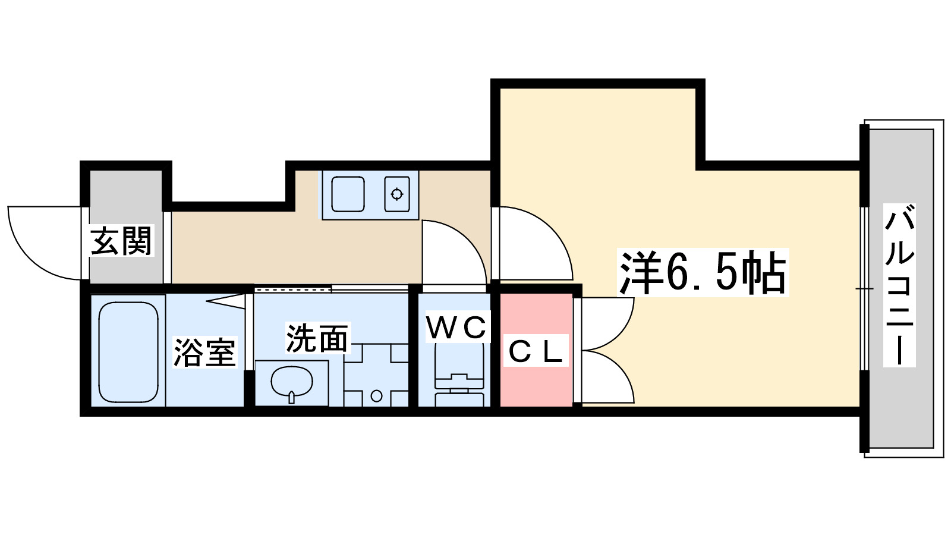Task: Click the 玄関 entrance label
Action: tap(122, 241)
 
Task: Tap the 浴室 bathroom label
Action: tap(204, 352)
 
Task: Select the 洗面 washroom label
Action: tap(317, 338)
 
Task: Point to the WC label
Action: tap(456, 328)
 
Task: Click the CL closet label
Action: tap(536, 353)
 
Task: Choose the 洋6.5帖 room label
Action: tap(703, 273)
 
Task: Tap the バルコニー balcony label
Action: tap(899, 286)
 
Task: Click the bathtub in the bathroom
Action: tap(128, 352)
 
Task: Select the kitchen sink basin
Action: tap(348, 194)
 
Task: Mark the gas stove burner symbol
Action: tap(396, 194)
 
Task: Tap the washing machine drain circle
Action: tap(376, 395)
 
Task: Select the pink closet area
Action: tap(536, 380)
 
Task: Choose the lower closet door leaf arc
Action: tap(609, 374)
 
